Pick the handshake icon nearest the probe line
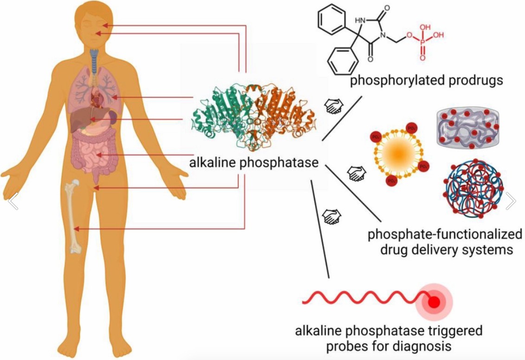(333, 217)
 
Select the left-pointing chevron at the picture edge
(13, 201)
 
